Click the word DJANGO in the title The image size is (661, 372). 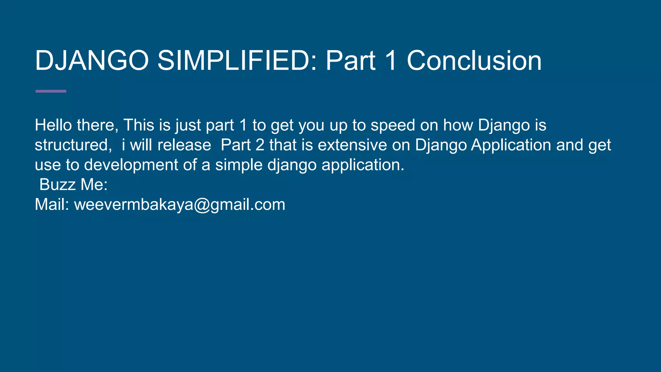point(92,61)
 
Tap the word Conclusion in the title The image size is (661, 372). point(474,61)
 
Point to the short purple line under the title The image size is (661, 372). point(51,91)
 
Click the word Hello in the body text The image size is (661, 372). point(53,125)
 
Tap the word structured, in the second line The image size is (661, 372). point(73,145)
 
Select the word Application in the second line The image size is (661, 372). point(511,145)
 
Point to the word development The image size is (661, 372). point(131,165)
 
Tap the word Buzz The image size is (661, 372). point(57,185)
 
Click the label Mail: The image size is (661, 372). point(52,204)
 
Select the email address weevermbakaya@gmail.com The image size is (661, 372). point(180,204)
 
